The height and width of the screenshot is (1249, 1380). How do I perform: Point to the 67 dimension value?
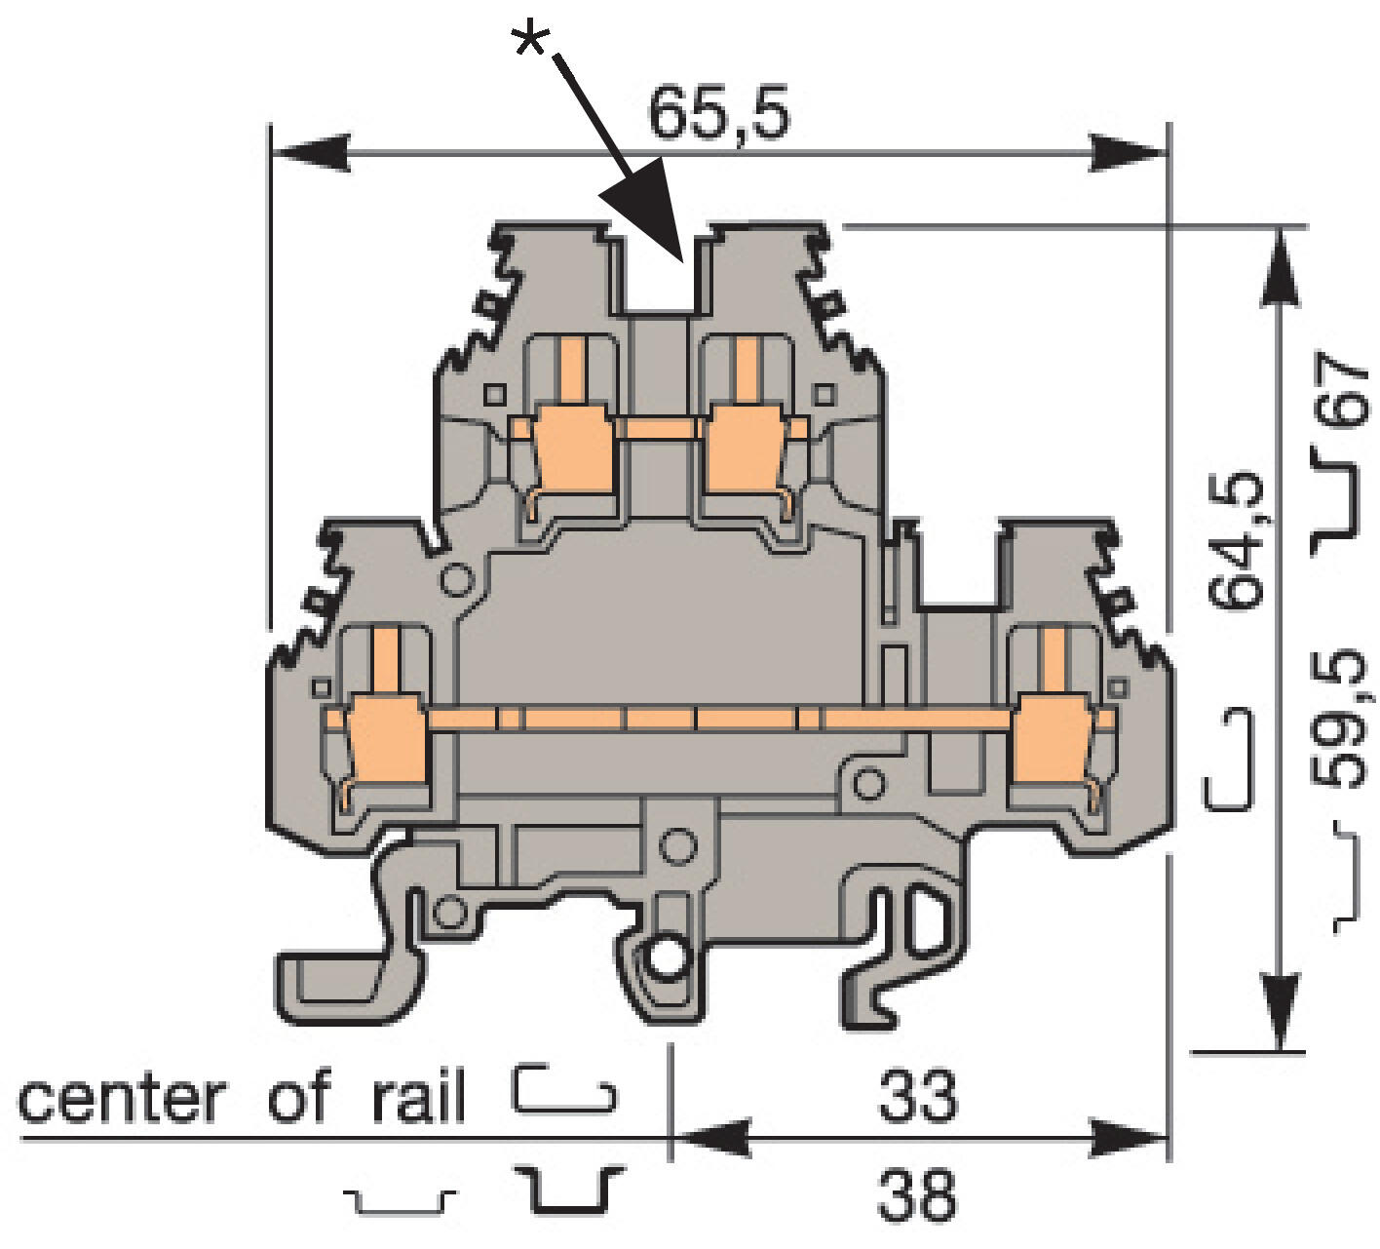(1343, 390)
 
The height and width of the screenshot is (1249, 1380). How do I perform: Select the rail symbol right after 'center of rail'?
(563, 1091)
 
